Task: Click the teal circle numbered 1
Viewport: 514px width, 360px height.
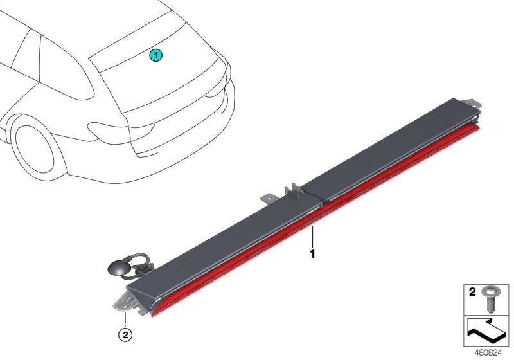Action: (x=156, y=55)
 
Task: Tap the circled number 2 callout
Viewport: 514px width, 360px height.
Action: (x=125, y=335)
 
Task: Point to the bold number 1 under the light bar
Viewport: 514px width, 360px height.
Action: (x=313, y=254)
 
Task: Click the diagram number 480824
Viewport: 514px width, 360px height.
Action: (x=488, y=353)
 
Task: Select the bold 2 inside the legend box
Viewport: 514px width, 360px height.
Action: (x=472, y=292)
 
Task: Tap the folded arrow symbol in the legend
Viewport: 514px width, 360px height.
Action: (x=486, y=331)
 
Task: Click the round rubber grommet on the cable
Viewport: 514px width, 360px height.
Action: (x=119, y=267)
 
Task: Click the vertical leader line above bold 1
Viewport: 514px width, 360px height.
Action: (x=313, y=237)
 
